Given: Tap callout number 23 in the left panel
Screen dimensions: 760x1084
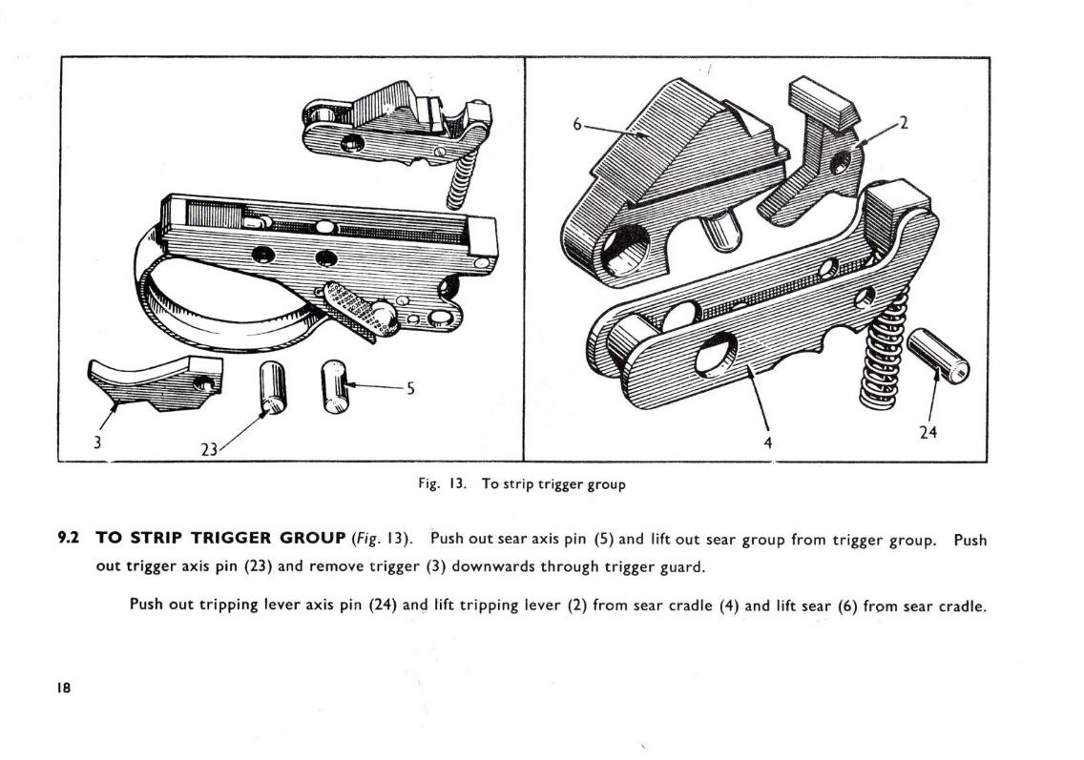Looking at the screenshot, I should point(209,447).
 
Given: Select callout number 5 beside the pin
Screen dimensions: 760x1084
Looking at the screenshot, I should point(409,388).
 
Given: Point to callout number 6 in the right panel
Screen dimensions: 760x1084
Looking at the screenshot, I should point(576,123).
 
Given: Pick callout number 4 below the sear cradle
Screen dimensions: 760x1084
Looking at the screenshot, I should point(767,442).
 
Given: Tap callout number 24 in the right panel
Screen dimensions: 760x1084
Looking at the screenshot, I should point(928,432).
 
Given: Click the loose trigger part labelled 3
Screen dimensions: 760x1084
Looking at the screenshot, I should point(157,382).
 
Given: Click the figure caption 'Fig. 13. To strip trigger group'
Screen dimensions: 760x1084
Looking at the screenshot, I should point(522,484).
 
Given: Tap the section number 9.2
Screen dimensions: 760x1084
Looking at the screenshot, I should point(69,540).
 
